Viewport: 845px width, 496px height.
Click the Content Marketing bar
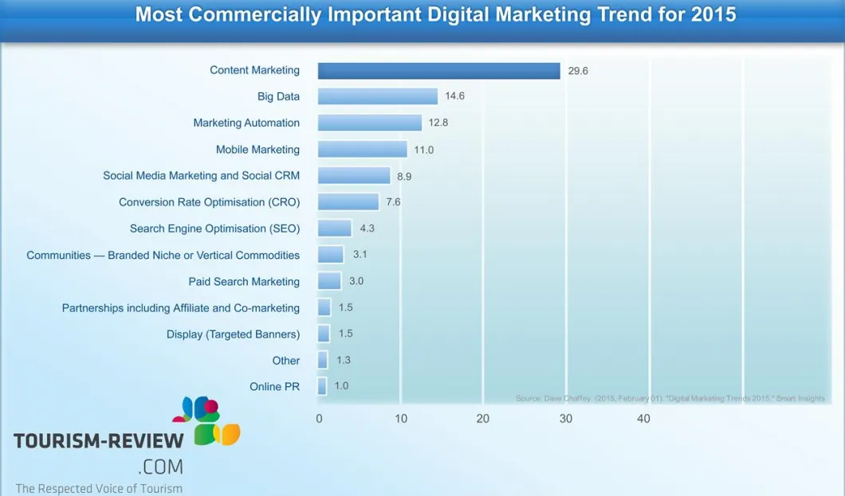coord(438,71)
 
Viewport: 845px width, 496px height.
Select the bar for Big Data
coord(378,96)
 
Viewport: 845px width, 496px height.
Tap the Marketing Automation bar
coord(370,123)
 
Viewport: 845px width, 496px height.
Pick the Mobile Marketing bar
coord(363,149)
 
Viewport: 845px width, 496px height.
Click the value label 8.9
coord(404,176)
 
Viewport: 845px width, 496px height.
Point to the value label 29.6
coord(578,71)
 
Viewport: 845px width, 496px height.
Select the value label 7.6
coord(393,202)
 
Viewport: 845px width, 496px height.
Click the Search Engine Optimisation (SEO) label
coord(214,228)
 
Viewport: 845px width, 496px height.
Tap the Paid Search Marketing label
coord(244,282)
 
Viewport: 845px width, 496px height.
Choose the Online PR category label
coord(274,386)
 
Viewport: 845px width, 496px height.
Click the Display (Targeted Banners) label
coord(233,334)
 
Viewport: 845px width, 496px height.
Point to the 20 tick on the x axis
coord(482,419)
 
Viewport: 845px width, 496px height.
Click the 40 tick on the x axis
coord(643,419)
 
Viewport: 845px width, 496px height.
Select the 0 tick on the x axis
coord(319,419)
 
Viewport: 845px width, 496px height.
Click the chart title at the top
coord(435,14)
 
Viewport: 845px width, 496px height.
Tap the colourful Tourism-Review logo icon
coord(206,420)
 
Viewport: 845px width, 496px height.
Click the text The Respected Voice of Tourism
coord(99,488)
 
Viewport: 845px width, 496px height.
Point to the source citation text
coord(670,398)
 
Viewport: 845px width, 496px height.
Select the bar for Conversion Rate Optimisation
coord(348,202)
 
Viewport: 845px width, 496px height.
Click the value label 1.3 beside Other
coord(344,360)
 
